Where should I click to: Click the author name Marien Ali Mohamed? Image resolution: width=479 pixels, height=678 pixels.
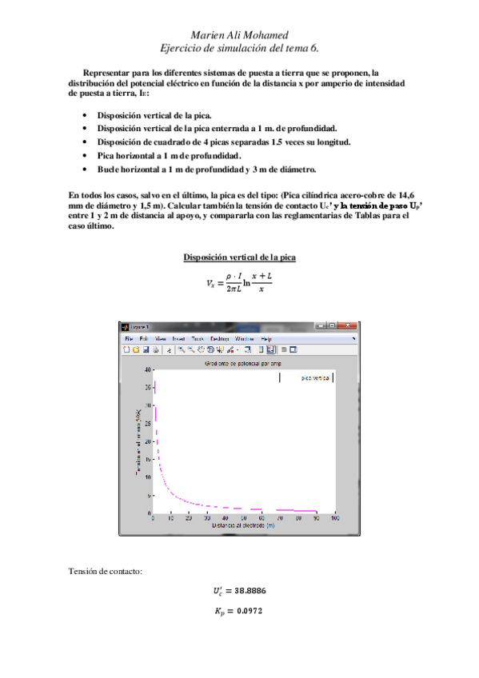click(240, 35)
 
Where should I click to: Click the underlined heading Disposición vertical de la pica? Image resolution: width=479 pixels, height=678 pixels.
click(240, 257)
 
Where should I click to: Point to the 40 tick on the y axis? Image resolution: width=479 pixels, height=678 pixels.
click(148, 370)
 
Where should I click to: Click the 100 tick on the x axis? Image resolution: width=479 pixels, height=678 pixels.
click(333, 519)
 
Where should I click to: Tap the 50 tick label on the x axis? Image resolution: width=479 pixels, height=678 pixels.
click(244, 519)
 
